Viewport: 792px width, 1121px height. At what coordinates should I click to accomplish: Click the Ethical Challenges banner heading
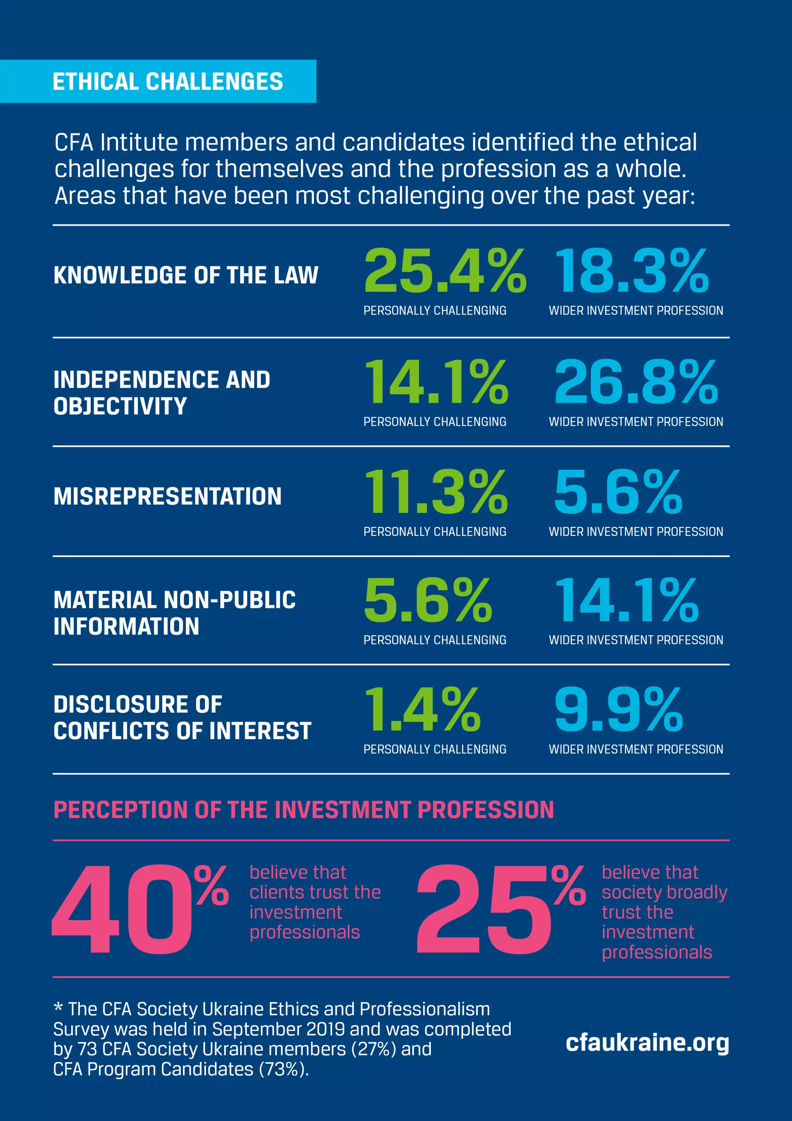point(167,82)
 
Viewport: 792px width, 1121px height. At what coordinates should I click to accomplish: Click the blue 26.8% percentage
point(635,382)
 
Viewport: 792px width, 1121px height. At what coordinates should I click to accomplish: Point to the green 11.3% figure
point(436,492)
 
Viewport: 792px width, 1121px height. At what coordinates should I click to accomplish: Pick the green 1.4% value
point(422,709)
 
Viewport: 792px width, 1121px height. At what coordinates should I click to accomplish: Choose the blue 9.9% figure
point(618,709)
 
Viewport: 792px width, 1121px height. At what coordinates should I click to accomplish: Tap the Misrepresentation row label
point(167,496)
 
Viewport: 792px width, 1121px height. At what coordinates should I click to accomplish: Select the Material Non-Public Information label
point(174,613)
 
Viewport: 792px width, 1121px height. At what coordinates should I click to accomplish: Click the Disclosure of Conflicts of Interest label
point(182,717)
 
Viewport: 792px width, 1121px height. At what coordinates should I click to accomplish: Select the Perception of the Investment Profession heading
point(304,810)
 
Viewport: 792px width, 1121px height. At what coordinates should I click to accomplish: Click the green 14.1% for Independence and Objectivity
point(436,382)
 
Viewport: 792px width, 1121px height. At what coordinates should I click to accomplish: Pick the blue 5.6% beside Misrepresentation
point(618,492)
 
